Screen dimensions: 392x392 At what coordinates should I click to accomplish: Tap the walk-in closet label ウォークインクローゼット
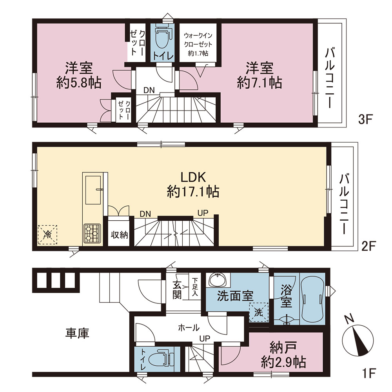click(x=198, y=40)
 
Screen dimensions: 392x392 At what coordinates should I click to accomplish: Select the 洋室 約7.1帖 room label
click(x=260, y=75)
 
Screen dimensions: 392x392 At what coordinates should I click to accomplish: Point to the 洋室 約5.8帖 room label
click(x=79, y=75)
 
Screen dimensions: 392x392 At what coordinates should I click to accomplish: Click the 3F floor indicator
click(x=365, y=119)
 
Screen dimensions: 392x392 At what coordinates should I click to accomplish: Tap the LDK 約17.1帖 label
click(x=193, y=185)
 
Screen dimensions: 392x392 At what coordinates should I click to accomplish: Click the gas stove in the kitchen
click(x=92, y=233)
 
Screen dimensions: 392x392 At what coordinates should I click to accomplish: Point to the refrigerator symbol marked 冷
click(x=47, y=234)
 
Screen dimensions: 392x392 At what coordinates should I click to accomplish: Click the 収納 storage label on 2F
click(x=119, y=235)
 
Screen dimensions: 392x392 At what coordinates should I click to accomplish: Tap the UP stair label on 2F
click(x=203, y=213)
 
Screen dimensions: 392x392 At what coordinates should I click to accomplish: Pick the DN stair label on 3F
click(x=149, y=90)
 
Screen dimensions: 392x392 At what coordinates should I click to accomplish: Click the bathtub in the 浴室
click(x=312, y=299)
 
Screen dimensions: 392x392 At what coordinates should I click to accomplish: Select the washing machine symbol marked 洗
click(x=259, y=312)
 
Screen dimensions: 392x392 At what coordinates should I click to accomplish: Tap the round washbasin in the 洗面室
click(x=218, y=280)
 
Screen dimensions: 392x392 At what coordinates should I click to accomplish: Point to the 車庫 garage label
click(x=77, y=334)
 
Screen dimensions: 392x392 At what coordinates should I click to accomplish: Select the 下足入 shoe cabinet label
click(x=195, y=287)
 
